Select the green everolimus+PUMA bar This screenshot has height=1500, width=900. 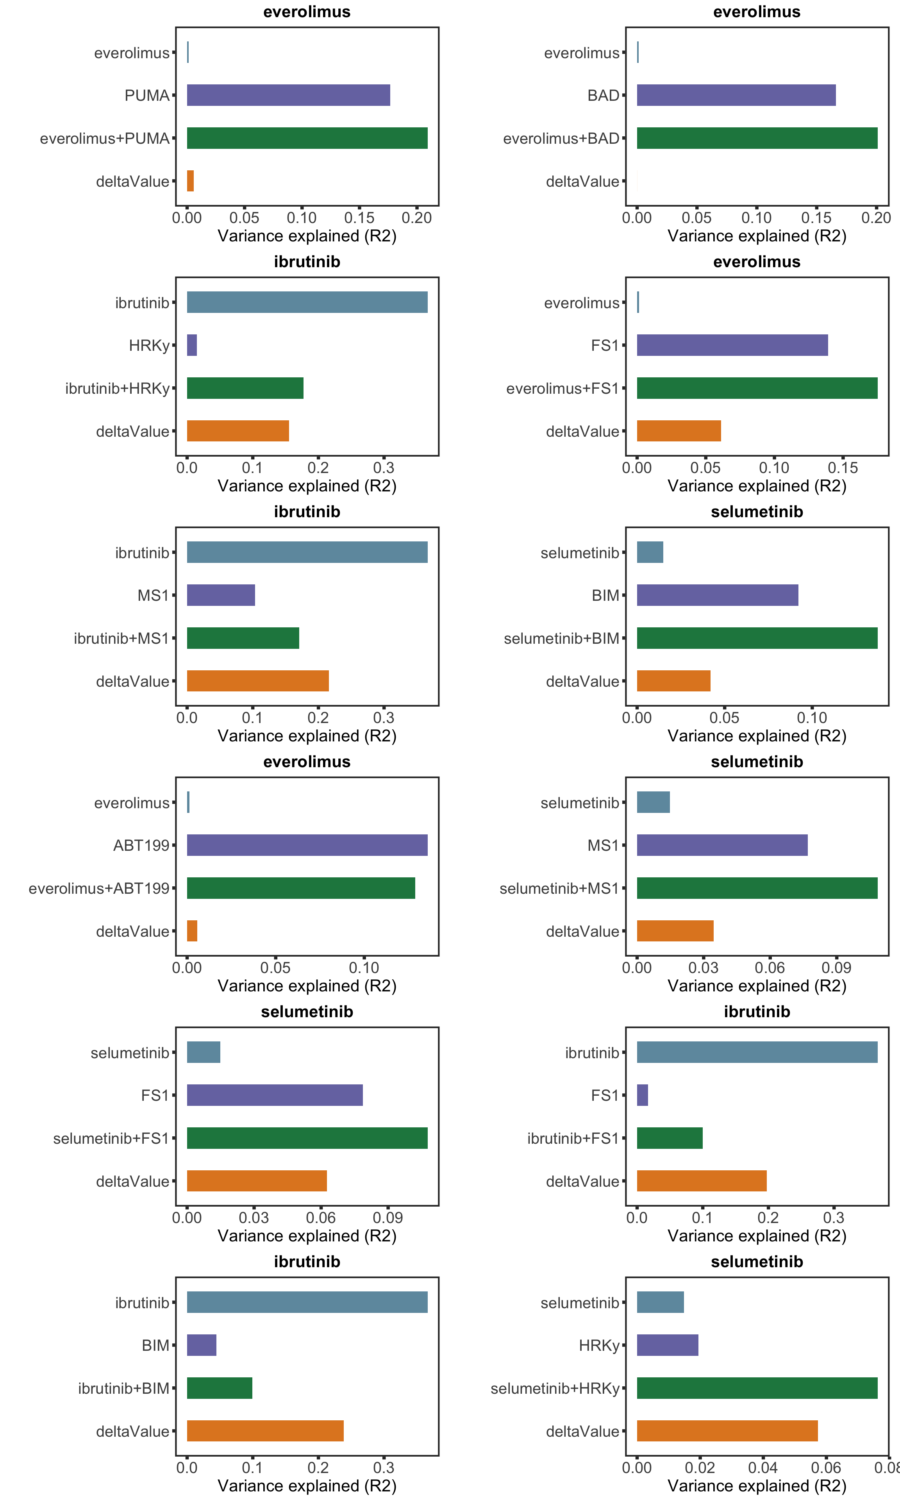[307, 138]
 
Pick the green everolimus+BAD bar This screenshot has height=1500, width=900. [757, 138]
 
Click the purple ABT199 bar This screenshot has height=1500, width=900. [307, 845]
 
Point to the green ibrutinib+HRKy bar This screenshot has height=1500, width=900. [245, 388]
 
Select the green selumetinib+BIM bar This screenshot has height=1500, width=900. [757, 638]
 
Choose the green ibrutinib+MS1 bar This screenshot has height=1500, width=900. [243, 638]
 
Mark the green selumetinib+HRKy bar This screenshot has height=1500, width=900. [757, 1388]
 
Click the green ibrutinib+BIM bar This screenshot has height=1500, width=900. [220, 1388]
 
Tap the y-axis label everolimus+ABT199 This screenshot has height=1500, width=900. [99, 888]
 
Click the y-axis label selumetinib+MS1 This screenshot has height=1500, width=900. [559, 888]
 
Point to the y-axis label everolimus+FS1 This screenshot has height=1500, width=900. [562, 389]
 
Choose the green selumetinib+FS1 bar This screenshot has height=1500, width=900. [307, 1137]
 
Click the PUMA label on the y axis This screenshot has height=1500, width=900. [147, 96]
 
